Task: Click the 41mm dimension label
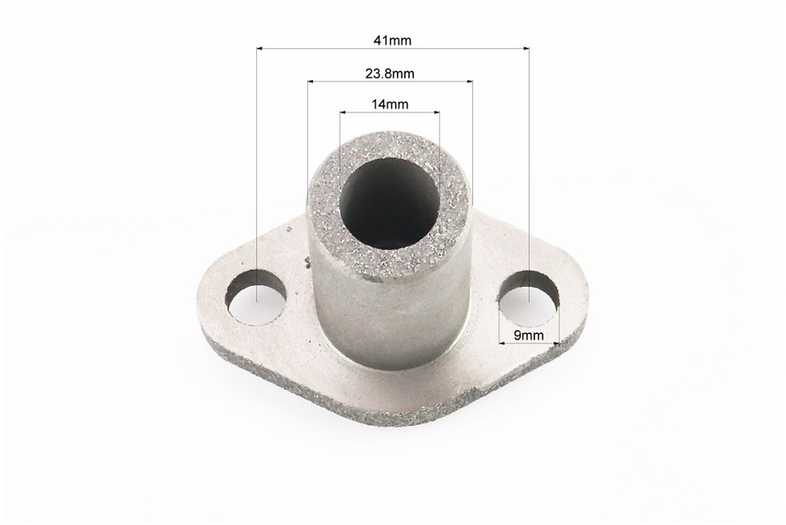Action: (x=392, y=40)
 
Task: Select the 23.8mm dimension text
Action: (x=390, y=74)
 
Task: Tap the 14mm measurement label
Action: (x=390, y=105)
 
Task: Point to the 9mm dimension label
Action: (x=529, y=336)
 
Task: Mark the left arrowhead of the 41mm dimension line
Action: (x=259, y=49)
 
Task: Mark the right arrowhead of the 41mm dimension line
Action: (x=526, y=49)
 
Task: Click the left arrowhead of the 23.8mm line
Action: (x=311, y=81)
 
